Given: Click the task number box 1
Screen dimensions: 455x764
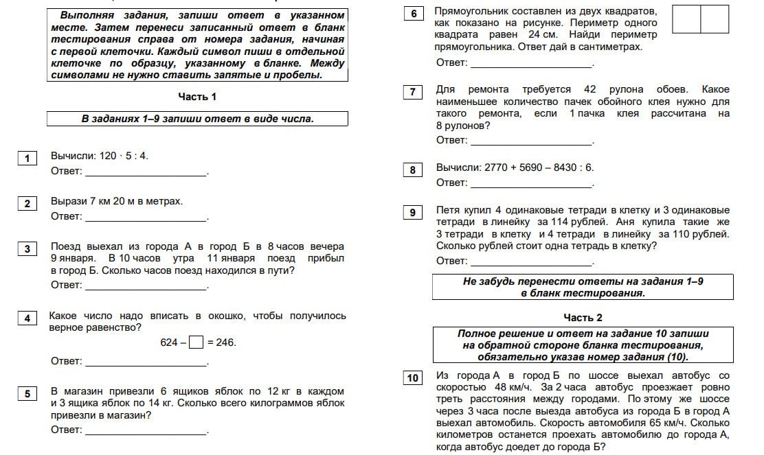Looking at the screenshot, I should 27,159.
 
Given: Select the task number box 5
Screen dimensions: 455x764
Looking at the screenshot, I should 27,393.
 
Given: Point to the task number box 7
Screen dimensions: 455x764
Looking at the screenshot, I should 412,93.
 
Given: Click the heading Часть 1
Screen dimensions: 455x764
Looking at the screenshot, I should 197,97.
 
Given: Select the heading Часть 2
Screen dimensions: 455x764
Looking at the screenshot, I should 583,317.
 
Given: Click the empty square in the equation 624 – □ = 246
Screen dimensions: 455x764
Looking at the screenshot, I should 196,342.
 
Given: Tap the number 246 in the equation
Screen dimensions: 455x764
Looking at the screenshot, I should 226,342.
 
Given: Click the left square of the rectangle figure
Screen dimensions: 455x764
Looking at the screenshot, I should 686,19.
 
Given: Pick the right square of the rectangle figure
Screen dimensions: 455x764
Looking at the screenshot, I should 715,19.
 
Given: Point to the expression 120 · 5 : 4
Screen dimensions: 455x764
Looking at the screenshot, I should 124,156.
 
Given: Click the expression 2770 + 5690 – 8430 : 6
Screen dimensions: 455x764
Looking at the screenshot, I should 539,167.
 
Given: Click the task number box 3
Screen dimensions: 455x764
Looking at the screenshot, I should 27,249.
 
